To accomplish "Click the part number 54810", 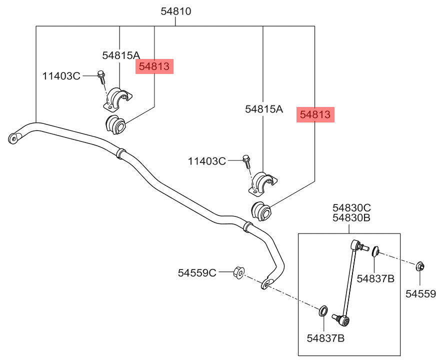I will tap(176, 11).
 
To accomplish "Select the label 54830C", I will tap(352, 207).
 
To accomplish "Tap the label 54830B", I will tap(352, 218).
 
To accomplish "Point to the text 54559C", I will tap(197, 272).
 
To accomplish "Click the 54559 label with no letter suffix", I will tap(420, 294).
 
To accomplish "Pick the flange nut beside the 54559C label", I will tap(238, 272).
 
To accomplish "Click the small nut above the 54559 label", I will tap(420, 266).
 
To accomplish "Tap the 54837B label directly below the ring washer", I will tap(325, 338).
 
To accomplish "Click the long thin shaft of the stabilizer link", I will tap(349, 280).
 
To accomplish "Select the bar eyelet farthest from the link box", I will tap(13, 136).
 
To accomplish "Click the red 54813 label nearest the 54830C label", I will tap(315, 114).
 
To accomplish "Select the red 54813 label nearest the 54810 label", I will tap(154, 66).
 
